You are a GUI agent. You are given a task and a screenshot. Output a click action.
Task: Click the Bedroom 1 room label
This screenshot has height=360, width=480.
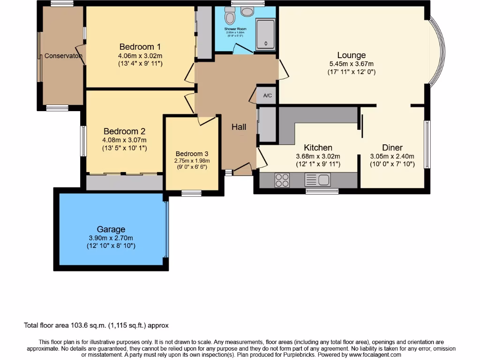pos(140,47)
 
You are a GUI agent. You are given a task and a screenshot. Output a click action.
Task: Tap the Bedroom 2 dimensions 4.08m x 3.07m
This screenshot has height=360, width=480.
pos(125,140)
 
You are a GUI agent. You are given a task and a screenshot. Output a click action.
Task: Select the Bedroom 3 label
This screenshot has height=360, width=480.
pos(192,154)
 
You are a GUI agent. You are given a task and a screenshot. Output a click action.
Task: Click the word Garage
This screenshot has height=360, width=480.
pos(111,229)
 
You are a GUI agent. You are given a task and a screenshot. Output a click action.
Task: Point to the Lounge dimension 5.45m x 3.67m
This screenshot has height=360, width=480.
pos(351,64)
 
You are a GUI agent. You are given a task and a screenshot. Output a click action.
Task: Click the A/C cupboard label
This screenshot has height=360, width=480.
pos(268,96)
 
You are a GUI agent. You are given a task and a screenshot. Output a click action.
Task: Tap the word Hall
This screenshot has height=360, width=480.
pos(239,127)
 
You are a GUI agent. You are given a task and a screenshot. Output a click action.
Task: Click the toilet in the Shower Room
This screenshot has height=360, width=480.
pos(230,17)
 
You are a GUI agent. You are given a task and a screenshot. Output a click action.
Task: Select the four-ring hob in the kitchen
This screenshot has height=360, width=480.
pos(282,180)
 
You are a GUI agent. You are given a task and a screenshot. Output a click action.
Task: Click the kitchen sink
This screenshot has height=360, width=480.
pos(317,180)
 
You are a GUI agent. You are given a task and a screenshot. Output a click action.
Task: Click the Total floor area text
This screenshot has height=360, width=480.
pos(96,325)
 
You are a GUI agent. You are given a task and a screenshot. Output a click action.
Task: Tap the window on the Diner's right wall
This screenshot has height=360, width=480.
pos(427,144)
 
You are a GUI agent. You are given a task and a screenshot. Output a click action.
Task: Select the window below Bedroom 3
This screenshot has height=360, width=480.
pos(191,193)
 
